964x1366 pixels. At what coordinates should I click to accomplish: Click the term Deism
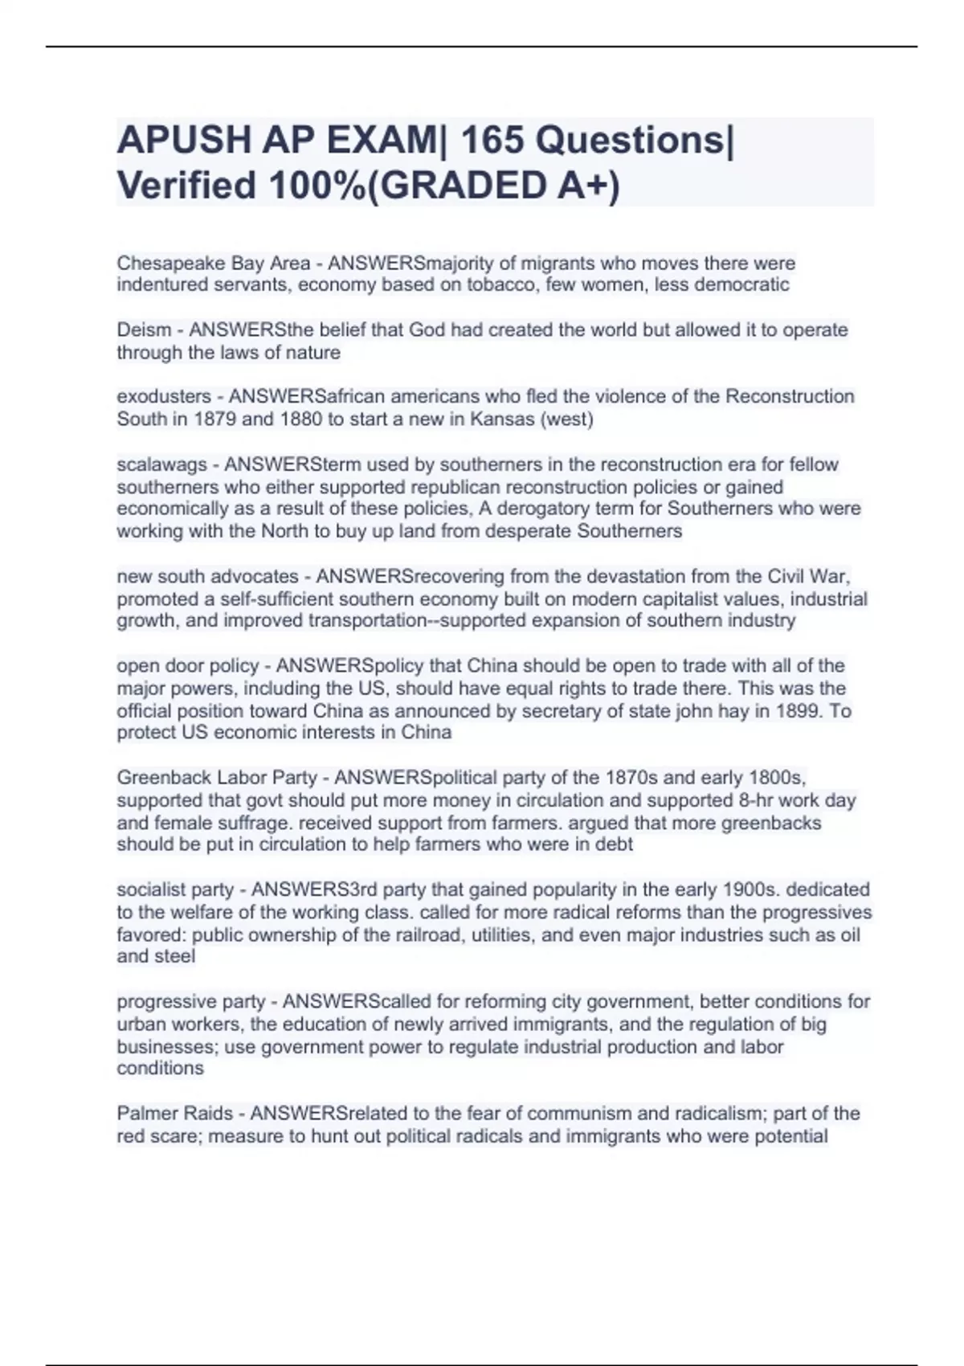coord(144,330)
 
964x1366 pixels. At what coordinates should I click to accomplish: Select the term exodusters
coord(165,397)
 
